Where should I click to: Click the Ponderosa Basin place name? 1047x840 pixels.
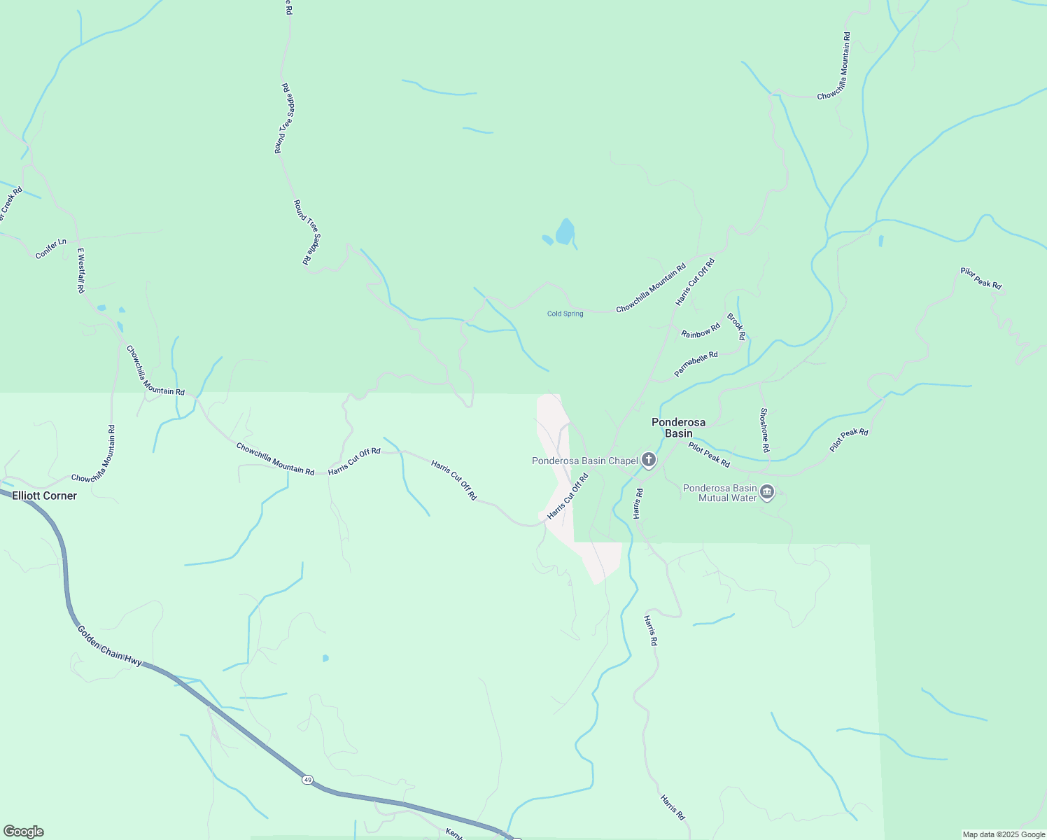[678, 428]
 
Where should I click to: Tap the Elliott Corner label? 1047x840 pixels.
[44, 496]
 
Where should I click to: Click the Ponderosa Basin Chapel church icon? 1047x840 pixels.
[649, 460]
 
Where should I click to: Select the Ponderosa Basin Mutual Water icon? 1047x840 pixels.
[767, 492]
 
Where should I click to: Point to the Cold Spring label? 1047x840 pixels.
[565, 314]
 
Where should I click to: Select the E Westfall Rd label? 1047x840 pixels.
[80, 270]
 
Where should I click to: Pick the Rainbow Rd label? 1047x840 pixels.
[701, 330]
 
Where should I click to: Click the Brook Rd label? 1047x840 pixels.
[736, 327]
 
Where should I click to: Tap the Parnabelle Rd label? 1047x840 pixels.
[696, 364]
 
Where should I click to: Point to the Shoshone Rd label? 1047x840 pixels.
[765, 430]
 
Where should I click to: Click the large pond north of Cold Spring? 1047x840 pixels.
[565, 232]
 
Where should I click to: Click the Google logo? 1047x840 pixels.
[23, 832]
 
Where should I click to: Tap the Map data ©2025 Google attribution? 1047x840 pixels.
[1003, 834]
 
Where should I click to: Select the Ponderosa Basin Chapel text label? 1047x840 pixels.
[584, 461]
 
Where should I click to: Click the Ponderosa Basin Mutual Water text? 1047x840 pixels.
[719, 493]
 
